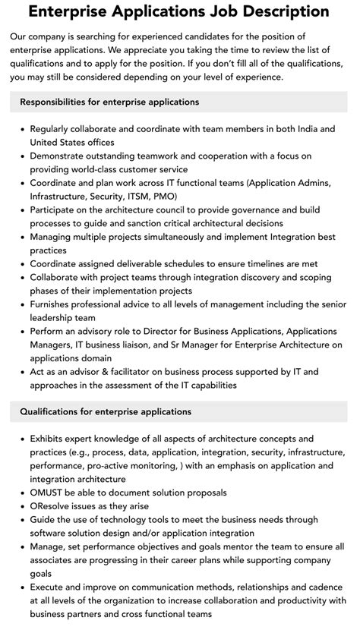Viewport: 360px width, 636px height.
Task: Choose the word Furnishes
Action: (55, 305)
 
